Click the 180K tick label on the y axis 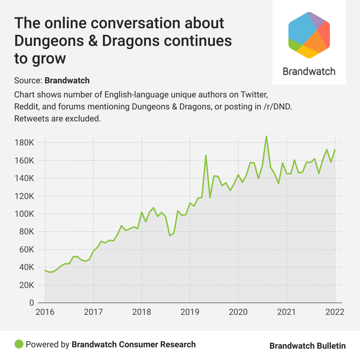[x=24, y=143]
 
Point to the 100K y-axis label [x=24, y=214]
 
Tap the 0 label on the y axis [x=31, y=303]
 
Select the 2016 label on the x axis [x=45, y=312]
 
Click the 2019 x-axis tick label [x=190, y=312]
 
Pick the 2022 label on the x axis [x=334, y=312]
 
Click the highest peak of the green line [x=266, y=136]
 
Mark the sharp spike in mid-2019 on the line [x=206, y=155]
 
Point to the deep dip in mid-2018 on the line [x=170, y=235]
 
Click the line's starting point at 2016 [x=45, y=270]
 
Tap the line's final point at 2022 [x=335, y=150]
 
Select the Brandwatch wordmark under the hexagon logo [x=309, y=71]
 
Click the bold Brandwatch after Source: [x=67, y=80]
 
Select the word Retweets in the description [x=30, y=119]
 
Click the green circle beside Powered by [x=19, y=344]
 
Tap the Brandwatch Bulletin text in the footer [x=307, y=346]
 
